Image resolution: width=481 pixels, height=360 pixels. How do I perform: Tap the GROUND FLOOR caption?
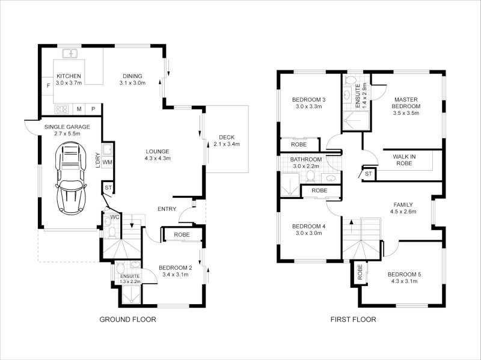point(127,320)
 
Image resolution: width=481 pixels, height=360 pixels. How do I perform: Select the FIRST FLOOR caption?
point(353,320)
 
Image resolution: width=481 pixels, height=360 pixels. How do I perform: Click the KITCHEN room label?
point(68,76)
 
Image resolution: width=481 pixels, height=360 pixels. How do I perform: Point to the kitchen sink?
point(71,53)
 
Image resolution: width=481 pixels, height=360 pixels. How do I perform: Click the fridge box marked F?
point(48,85)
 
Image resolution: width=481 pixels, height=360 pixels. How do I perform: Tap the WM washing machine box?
point(107,162)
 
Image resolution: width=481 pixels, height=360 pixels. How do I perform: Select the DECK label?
point(226,137)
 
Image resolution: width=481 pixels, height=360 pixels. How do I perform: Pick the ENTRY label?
point(167,209)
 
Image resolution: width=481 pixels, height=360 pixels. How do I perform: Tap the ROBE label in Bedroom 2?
point(182,235)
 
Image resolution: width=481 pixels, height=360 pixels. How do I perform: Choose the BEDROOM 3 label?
point(309,99)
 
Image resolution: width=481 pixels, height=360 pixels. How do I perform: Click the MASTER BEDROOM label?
point(406,102)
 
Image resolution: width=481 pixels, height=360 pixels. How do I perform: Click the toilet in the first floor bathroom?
point(310,175)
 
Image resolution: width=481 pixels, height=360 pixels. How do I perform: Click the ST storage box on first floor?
point(368,174)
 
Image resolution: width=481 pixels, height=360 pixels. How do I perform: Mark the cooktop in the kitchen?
point(62,109)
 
